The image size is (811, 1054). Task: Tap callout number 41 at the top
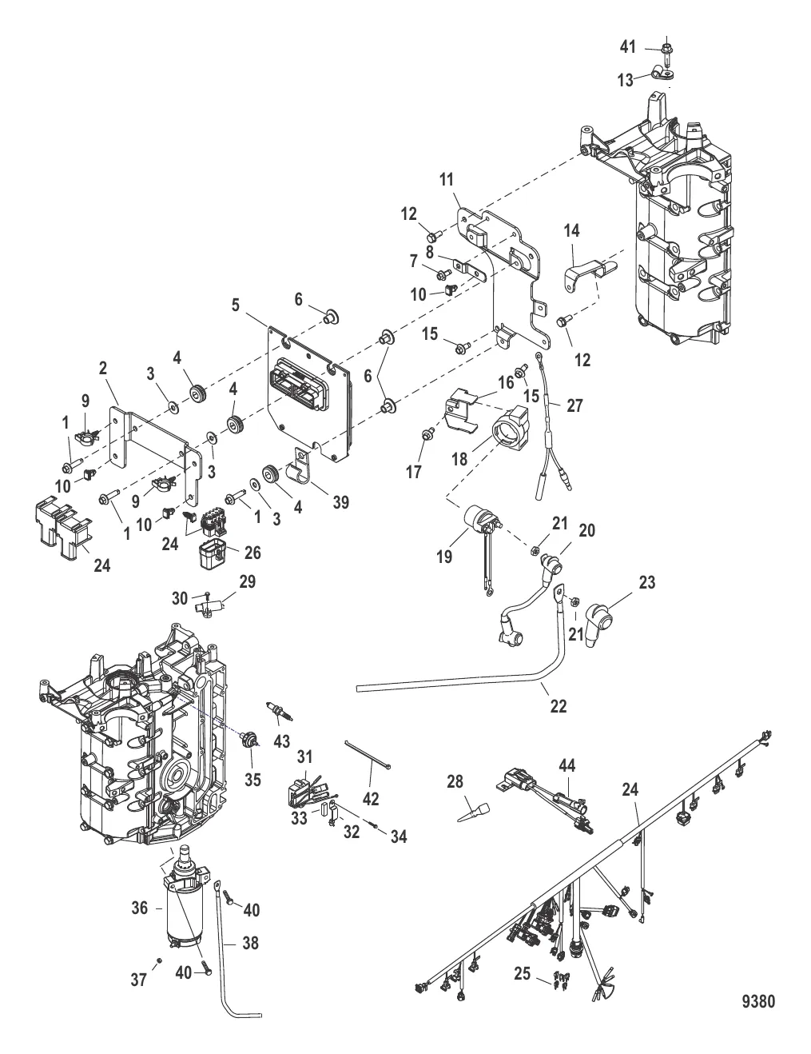click(x=628, y=47)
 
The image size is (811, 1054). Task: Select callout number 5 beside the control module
click(x=236, y=304)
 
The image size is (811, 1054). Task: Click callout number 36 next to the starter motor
click(x=141, y=908)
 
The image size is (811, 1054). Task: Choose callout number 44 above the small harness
click(x=567, y=766)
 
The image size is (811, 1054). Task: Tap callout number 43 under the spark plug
click(x=281, y=741)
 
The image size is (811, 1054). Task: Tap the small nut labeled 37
click(x=160, y=958)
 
